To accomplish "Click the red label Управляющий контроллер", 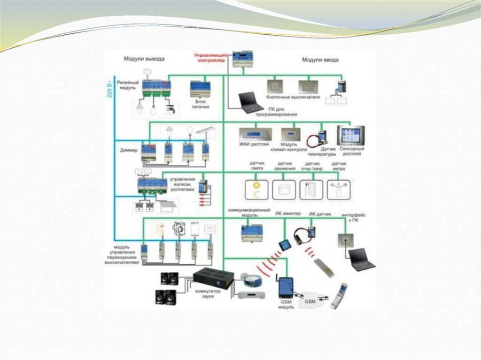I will tap(209, 58).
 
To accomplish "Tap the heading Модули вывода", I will tap(144, 59).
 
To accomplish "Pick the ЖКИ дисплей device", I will tap(255, 133).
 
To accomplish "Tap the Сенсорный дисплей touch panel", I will tap(351, 136).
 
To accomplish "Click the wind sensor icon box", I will tap(339, 190).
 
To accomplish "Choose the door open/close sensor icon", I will tap(311, 190).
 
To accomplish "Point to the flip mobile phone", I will tap(338, 296).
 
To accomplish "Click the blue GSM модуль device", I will tap(286, 287).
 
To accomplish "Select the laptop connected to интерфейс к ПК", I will tap(361, 259).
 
